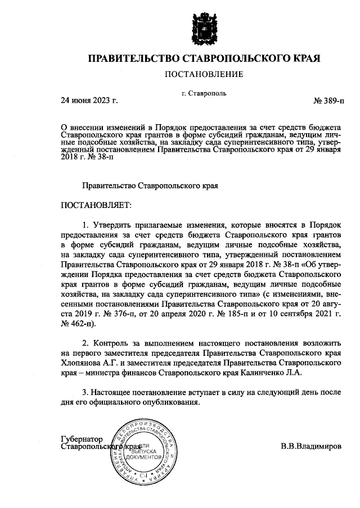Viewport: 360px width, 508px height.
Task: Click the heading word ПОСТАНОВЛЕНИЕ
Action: click(x=204, y=74)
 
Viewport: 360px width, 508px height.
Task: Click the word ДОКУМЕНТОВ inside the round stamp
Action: click(x=146, y=457)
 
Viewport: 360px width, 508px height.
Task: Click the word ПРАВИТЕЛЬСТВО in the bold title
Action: click(x=136, y=58)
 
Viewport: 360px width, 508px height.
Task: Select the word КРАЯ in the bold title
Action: click(x=304, y=58)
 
